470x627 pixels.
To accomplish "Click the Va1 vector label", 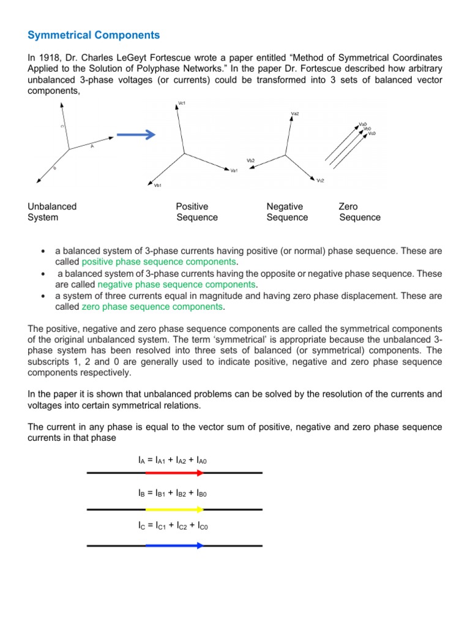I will pyautogui.click(x=234, y=170).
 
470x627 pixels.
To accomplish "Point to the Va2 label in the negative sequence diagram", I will pyautogui.click(x=294, y=113).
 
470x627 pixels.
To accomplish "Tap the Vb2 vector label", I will pyautogui.click(x=251, y=160).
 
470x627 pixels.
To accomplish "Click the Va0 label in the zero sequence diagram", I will pyautogui.click(x=363, y=124).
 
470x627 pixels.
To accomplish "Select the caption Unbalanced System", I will pyautogui.click(x=52, y=212).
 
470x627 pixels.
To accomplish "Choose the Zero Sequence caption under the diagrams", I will pyautogui.click(x=359, y=212).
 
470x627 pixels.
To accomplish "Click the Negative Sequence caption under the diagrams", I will pyautogui.click(x=287, y=212).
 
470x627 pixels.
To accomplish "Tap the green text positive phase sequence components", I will pyautogui.click(x=159, y=262).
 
